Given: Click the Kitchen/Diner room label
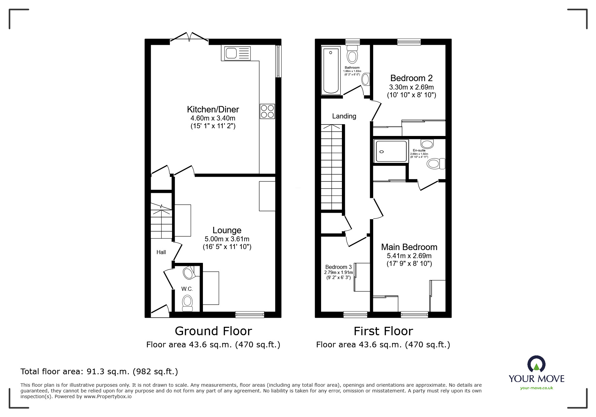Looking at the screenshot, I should click(213, 109).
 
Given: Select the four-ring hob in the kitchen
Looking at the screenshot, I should click(267, 111).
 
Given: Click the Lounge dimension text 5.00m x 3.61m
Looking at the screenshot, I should click(227, 239).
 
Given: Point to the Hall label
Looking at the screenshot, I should click(161, 252).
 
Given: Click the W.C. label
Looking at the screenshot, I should click(187, 289).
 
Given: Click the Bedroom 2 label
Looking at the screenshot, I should click(411, 78).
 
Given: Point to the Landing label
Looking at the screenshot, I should click(344, 116).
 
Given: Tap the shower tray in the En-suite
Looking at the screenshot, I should click(391, 151).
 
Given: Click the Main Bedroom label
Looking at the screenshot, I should click(409, 247).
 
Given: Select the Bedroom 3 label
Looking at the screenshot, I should click(338, 267).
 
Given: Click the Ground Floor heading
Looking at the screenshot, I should click(213, 331).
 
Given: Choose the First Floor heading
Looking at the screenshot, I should click(383, 331).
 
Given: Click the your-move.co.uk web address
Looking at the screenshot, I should click(536, 388).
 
